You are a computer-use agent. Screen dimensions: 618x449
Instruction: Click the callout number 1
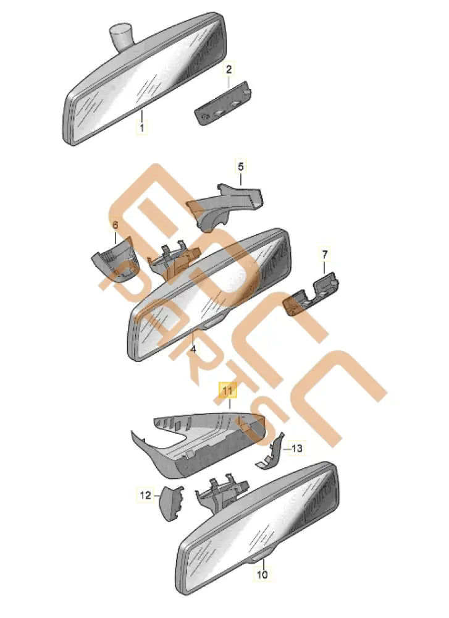point(142,128)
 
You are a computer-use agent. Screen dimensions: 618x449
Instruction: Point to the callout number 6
point(115,227)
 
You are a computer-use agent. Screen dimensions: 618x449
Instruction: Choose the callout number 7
point(325,254)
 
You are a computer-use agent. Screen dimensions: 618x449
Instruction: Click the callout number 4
point(193,349)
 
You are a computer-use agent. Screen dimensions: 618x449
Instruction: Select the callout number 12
point(145,494)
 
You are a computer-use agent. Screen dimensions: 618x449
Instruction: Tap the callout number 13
point(296,448)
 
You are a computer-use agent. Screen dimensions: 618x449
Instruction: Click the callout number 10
point(263,574)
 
